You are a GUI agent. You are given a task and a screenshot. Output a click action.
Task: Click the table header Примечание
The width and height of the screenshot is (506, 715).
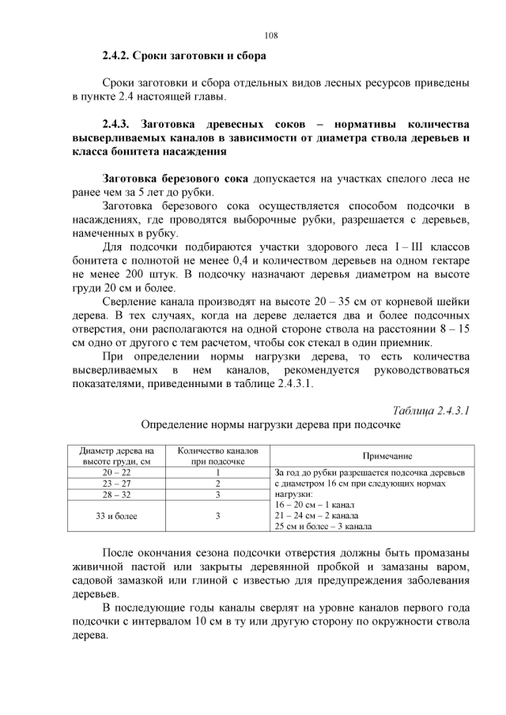click(387, 456)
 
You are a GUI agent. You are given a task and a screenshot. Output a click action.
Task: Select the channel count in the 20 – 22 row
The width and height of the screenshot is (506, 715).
click(217, 472)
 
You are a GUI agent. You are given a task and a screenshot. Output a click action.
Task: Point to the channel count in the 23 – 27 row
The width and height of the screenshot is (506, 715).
click(217, 484)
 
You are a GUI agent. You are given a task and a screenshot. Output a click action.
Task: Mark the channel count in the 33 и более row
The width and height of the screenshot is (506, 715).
click(217, 516)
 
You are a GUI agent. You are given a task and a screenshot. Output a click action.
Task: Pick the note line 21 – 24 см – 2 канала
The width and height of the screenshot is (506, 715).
click(315, 514)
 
